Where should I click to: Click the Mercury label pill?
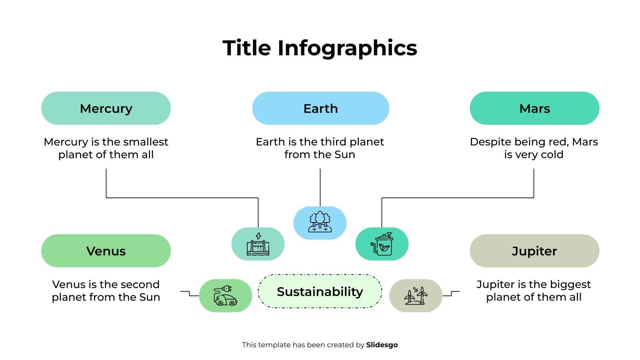[106, 108]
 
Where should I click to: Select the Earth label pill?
[320, 108]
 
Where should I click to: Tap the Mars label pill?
[534, 108]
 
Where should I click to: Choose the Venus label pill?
[106, 251]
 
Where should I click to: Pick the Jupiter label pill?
[534, 251]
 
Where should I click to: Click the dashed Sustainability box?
[320, 292]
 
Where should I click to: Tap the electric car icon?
[225, 296]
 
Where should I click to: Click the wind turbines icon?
[416, 296]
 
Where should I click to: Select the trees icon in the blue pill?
[320, 222]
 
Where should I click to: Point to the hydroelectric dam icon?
[258, 244]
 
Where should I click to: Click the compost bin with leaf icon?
[382, 244]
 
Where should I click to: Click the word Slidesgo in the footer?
[382, 345]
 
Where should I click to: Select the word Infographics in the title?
[347, 48]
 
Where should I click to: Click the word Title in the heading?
[247, 48]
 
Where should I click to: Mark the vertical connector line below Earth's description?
[320, 187]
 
